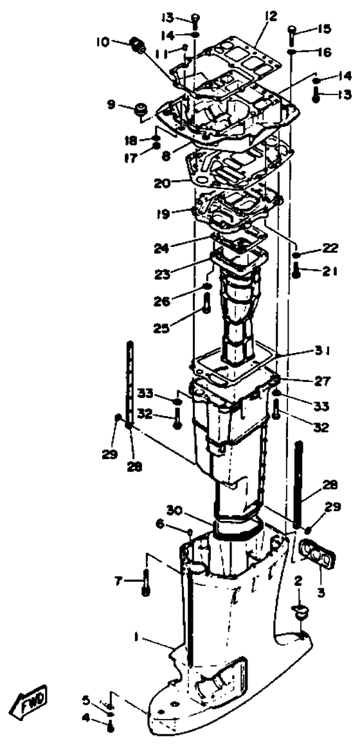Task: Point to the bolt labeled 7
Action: click(146, 582)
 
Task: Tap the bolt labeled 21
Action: click(296, 270)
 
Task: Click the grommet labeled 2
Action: click(300, 611)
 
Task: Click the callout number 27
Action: click(323, 381)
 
